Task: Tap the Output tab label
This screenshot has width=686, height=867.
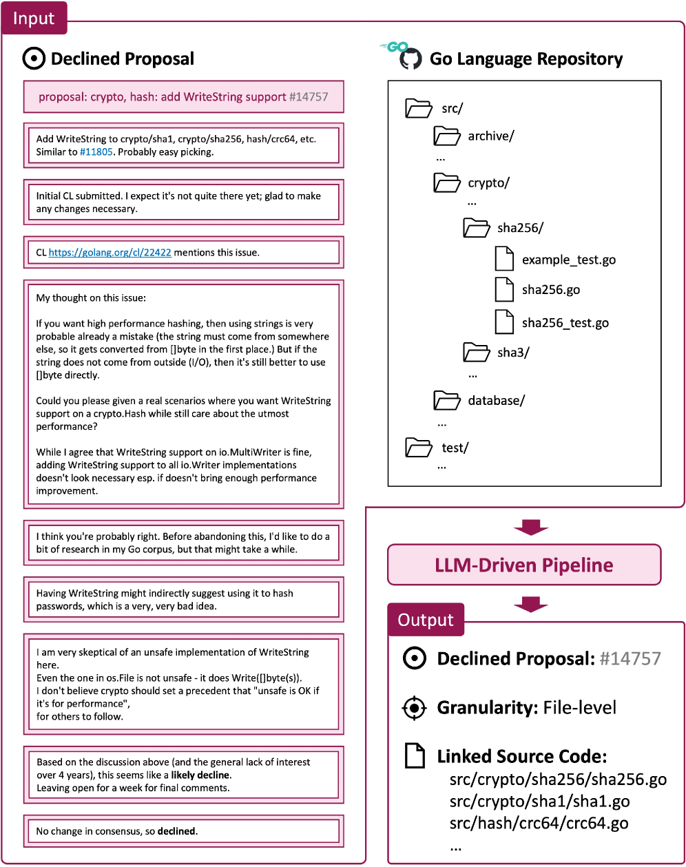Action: tap(426, 620)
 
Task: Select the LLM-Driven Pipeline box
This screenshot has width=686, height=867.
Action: tap(524, 565)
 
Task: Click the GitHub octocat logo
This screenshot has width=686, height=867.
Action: tap(410, 59)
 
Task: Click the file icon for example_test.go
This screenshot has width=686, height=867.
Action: tap(505, 259)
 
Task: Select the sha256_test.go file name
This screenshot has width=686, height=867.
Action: tap(565, 323)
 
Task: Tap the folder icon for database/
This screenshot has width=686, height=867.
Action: tap(446, 400)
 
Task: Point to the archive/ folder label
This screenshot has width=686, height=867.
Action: tap(490, 136)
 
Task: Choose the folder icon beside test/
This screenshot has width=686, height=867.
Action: tap(419, 448)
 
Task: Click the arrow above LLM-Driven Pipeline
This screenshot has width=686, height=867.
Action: tap(531, 527)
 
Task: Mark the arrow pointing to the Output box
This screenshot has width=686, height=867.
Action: tap(531, 604)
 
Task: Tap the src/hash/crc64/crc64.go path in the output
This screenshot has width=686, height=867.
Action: tap(539, 822)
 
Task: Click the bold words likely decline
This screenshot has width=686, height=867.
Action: tap(199, 775)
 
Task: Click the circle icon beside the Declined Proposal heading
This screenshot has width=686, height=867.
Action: tap(33, 59)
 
